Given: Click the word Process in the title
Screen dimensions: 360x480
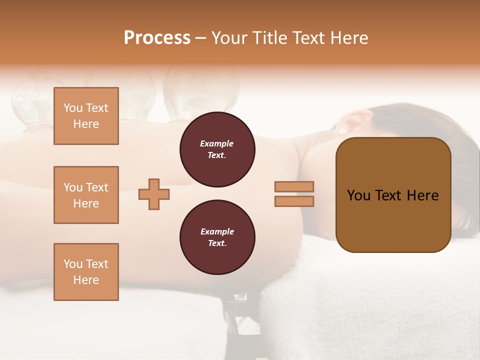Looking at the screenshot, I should [x=157, y=38].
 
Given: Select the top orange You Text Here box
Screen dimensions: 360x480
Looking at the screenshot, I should [x=86, y=116].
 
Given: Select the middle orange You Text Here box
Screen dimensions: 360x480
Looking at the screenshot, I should [x=86, y=195].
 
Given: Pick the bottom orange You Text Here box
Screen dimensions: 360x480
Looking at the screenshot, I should [x=86, y=272].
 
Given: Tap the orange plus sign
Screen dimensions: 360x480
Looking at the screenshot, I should [x=154, y=194].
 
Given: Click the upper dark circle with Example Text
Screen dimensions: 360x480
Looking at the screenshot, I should [x=217, y=149].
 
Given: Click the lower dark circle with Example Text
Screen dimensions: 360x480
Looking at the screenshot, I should [x=217, y=237].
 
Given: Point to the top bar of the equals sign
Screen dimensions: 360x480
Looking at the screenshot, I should [x=294, y=187].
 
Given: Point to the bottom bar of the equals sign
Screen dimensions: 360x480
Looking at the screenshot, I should [x=294, y=201].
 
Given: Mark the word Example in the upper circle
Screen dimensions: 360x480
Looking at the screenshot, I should [x=217, y=143].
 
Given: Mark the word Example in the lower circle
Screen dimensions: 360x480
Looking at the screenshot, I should [x=217, y=231].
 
